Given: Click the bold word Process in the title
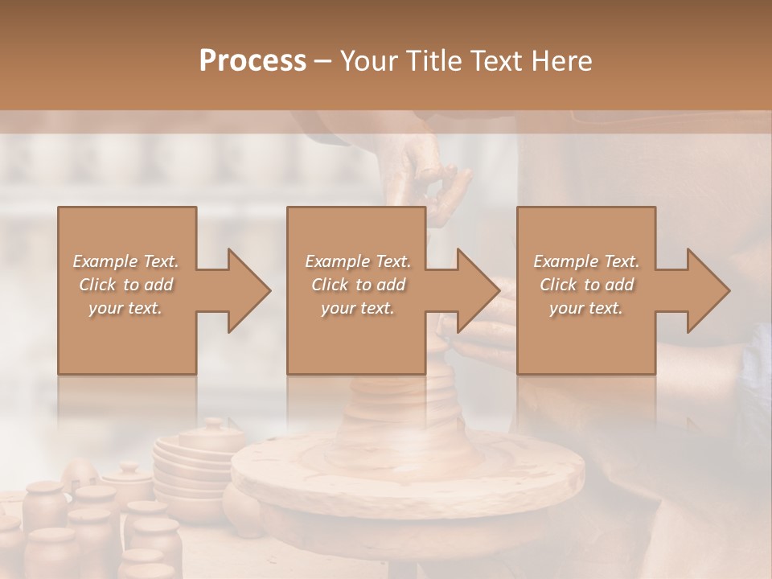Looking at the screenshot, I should click(253, 61).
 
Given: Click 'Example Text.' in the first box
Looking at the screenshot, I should click(125, 261).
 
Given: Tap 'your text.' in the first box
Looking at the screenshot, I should click(125, 308).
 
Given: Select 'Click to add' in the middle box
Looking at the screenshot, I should click(358, 285).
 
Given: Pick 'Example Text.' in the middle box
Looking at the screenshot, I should click(358, 261).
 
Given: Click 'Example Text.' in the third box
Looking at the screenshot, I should click(586, 261).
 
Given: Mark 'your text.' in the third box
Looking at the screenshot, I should click(586, 308).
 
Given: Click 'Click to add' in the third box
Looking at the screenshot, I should click(586, 285).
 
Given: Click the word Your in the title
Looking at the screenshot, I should click(368, 61).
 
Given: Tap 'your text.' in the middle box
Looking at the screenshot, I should click(358, 308).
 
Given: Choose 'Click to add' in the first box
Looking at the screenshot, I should click(125, 285).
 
